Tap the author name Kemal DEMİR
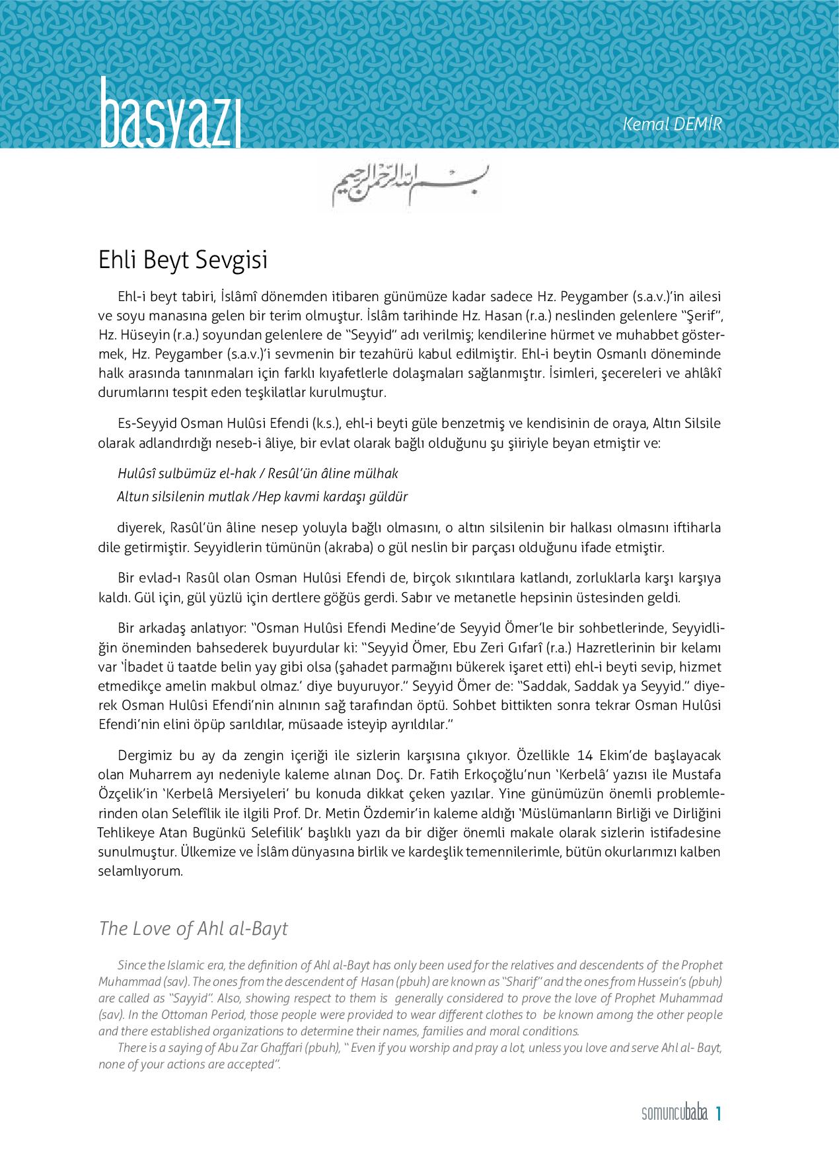[x=673, y=123]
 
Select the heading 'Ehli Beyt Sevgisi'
[x=183, y=259]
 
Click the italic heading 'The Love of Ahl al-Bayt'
[x=193, y=928]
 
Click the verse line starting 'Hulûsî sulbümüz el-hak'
[x=258, y=473]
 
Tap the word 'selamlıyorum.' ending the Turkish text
[x=140, y=871]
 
